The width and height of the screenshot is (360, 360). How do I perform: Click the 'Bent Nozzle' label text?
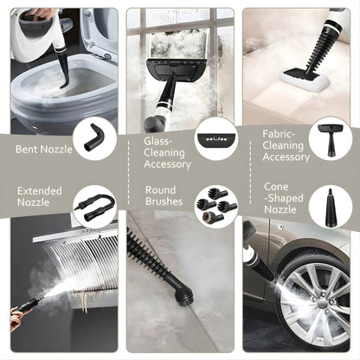42,148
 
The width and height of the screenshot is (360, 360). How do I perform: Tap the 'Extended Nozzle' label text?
40,196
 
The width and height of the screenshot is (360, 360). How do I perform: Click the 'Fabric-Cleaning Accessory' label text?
286,145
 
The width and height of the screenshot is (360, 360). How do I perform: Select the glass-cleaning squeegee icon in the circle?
215,137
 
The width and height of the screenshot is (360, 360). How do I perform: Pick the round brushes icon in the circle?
215,206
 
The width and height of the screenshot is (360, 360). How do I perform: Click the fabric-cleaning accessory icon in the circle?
330,137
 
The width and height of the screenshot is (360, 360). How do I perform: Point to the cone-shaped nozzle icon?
330,206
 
